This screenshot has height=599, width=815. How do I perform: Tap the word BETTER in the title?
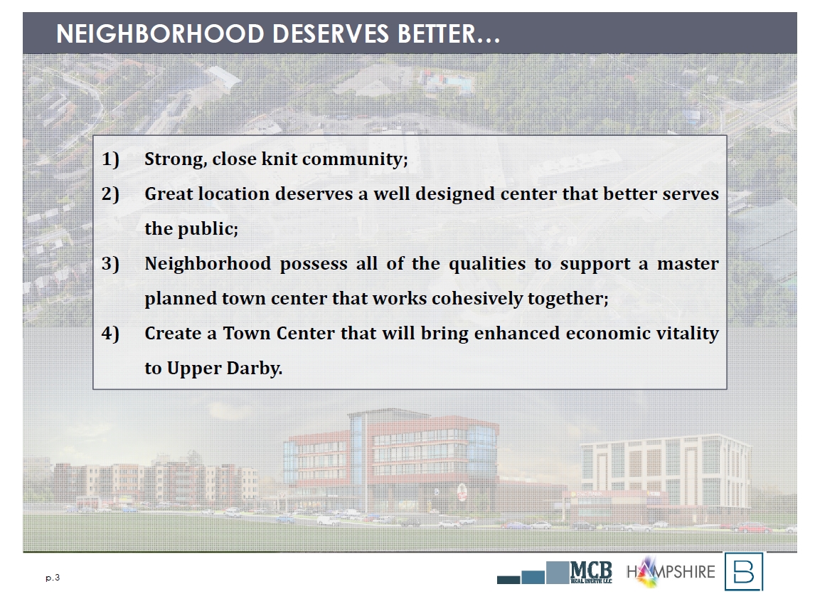tap(437, 34)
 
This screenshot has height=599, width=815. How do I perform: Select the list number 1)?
tap(111, 159)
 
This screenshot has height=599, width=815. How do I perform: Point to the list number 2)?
tap(111, 194)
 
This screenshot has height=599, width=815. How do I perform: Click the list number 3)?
tap(111, 264)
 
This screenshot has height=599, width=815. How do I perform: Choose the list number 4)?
tap(111, 334)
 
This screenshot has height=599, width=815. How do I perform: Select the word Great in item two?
tap(168, 194)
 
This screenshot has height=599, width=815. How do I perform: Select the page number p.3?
tap(53, 577)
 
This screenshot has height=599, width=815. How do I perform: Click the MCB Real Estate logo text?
tap(592, 572)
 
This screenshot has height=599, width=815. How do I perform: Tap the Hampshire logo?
tap(671, 571)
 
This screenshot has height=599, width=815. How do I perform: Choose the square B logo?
tap(744, 571)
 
